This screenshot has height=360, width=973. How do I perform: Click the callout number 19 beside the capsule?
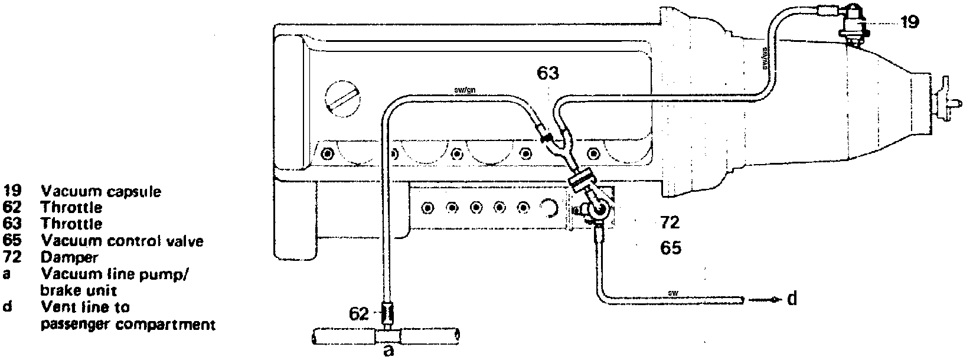[910, 23]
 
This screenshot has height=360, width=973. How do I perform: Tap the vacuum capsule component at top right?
[857, 24]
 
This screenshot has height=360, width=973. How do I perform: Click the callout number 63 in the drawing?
[548, 74]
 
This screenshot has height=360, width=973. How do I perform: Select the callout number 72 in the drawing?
[670, 222]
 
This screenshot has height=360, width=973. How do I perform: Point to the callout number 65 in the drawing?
[670, 247]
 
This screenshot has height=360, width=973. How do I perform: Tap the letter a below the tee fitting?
[388, 351]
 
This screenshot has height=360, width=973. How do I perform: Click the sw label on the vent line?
[674, 293]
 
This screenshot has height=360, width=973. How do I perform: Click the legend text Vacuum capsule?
[101, 191]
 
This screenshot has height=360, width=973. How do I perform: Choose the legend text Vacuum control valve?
[122, 241]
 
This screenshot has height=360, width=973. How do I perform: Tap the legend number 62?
[11, 208]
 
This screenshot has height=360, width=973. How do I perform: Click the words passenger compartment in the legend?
[128, 324]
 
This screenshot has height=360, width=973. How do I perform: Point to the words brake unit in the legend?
[79, 291]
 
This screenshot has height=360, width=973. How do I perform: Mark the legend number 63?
[11, 224]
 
